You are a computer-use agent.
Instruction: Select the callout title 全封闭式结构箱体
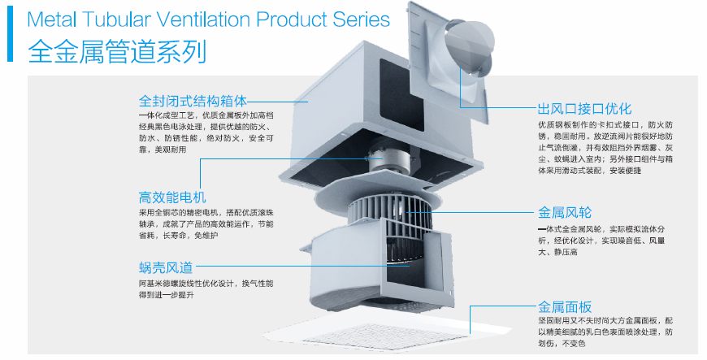click(x=193, y=102)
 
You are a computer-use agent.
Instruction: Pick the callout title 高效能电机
click(x=173, y=197)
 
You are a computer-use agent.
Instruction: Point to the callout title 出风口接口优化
click(x=584, y=109)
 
